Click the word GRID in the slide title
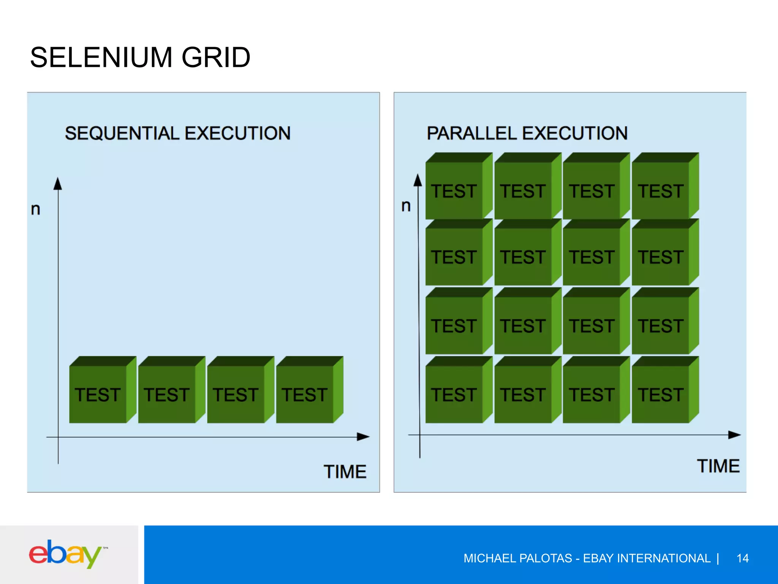pos(216,58)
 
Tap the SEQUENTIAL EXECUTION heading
pos(177,133)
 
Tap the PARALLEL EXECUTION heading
pos(527,133)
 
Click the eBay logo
pos(65,554)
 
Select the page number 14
pos(742,558)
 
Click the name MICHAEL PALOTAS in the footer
pos(517,558)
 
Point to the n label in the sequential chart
pos(36,209)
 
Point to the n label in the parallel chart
pos(406,206)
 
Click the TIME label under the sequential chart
pos(345,472)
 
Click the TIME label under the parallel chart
pos(718,466)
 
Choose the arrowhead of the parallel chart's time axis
pos(734,435)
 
